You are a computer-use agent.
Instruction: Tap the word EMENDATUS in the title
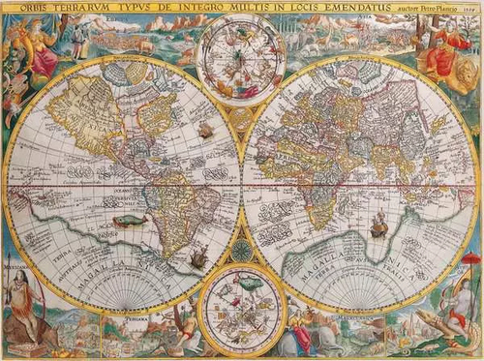click(x=316, y=9)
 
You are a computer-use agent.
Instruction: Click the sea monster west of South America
click(x=127, y=221)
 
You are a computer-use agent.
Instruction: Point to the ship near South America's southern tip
click(x=198, y=257)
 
